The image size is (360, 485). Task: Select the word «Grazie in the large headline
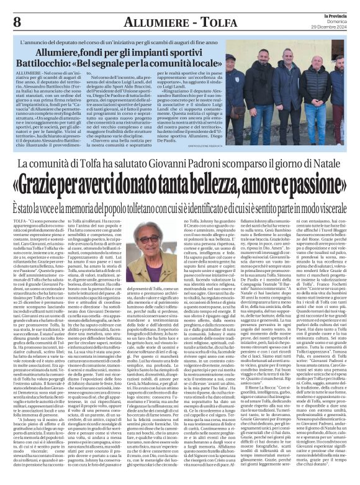[68, 183]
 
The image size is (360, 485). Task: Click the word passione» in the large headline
[313, 183]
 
